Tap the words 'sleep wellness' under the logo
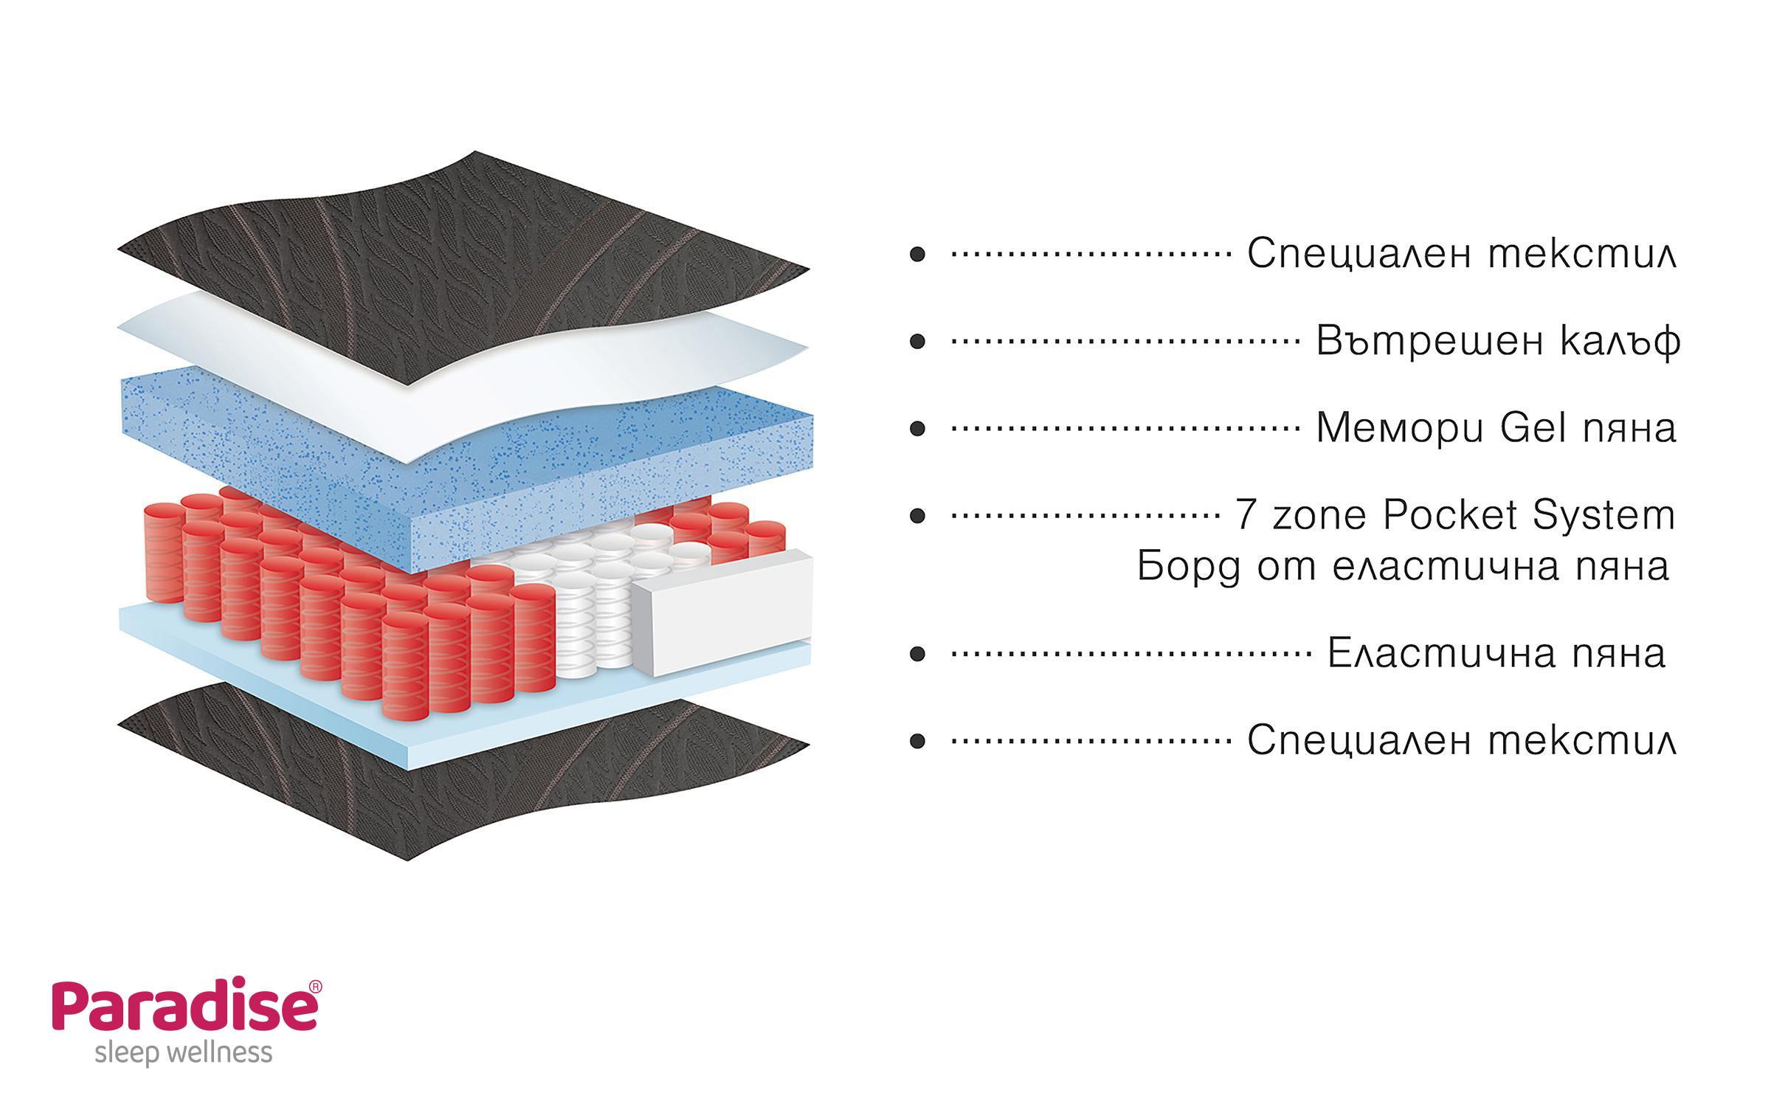click(x=184, y=1054)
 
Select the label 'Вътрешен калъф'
click(x=1498, y=341)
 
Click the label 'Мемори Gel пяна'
click(x=1496, y=428)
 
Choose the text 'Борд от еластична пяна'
click(x=1402, y=567)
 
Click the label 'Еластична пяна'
click(x=1496, y=654)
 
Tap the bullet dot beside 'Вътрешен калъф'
click(x=917, y=342)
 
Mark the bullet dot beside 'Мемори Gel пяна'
click(x=917, y=429)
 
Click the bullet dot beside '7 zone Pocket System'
click(x=917, y=516)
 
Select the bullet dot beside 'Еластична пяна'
click(x=917, y=654)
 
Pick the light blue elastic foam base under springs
click(x=221, y=649)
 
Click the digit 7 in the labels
click(x=1246, y=515)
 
